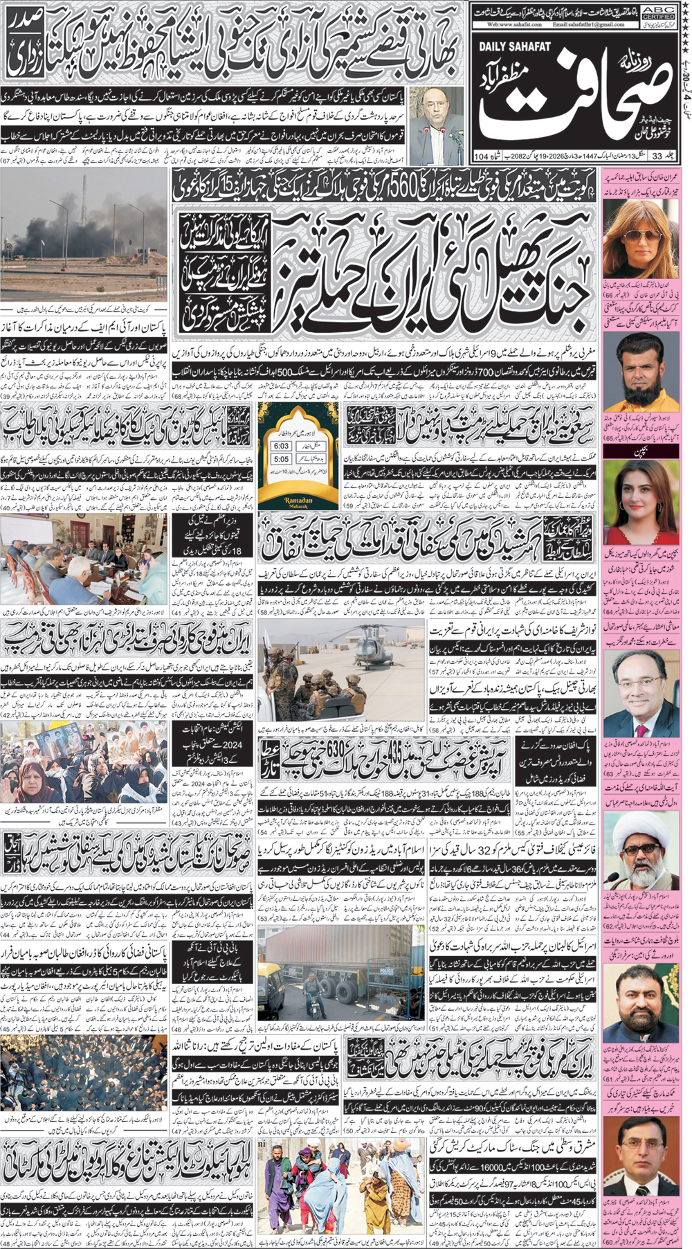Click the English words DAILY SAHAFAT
point(513,46)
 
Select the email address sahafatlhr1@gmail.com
point(589,24)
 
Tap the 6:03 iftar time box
point(281,446)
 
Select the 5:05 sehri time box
point(281,459)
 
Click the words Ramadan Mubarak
point(298,503)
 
